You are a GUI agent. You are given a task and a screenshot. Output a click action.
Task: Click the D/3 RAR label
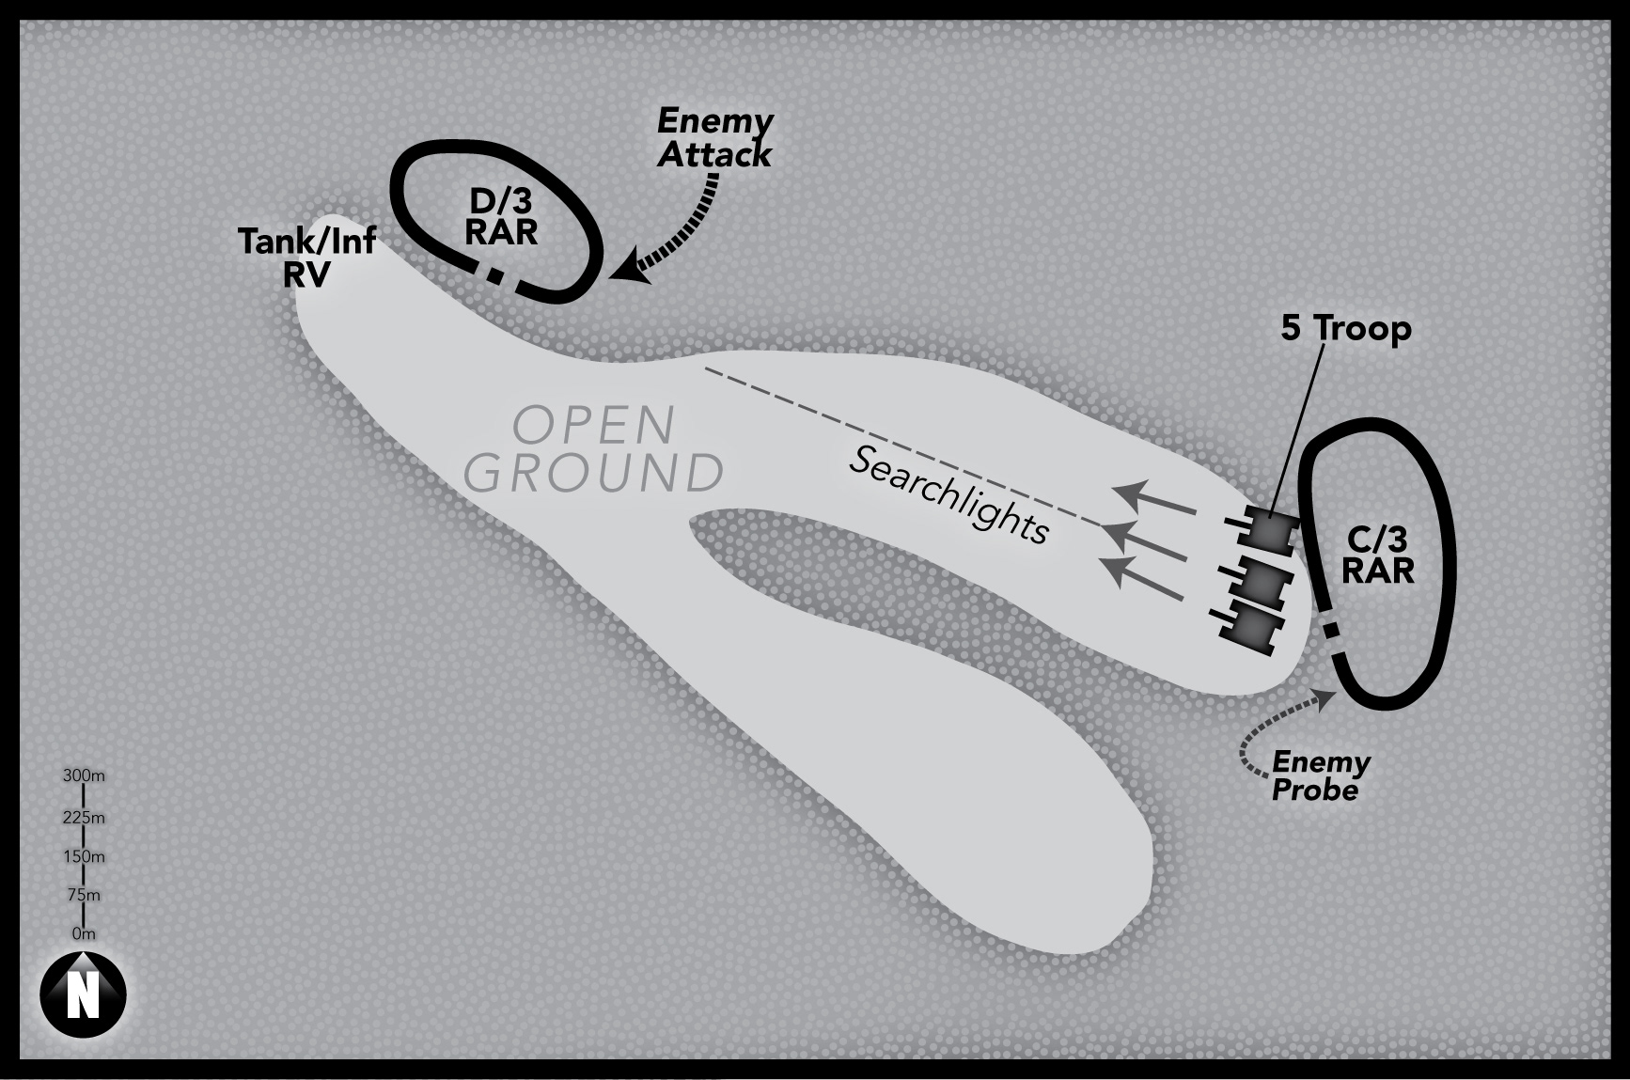coord(501,216)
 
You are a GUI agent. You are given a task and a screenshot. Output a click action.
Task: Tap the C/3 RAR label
coord(1378,555)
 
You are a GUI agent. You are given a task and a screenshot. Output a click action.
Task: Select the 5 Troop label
coord(1346,328)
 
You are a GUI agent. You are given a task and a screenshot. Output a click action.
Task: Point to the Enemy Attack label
coord(714,138)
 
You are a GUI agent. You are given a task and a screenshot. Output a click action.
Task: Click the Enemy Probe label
coord(1319,775)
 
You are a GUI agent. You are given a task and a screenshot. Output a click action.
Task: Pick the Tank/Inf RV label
coord(306,256)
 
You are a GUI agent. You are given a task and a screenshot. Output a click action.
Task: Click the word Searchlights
coord(949,494)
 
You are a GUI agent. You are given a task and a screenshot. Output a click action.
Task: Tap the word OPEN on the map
coord(594,426)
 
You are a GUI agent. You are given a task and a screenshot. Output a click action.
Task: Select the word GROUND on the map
coord(594,473)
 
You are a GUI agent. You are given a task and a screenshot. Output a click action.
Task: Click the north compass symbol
coord(83,994)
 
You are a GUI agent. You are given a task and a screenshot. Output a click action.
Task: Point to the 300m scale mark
coord(84,776)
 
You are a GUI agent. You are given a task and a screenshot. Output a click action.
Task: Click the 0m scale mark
coord(84,934)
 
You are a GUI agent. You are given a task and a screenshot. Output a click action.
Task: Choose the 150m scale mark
coord(84,856)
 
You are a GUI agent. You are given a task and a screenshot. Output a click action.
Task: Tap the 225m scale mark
coord(84,817)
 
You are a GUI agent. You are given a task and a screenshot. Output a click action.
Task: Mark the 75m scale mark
coord(84,895)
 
